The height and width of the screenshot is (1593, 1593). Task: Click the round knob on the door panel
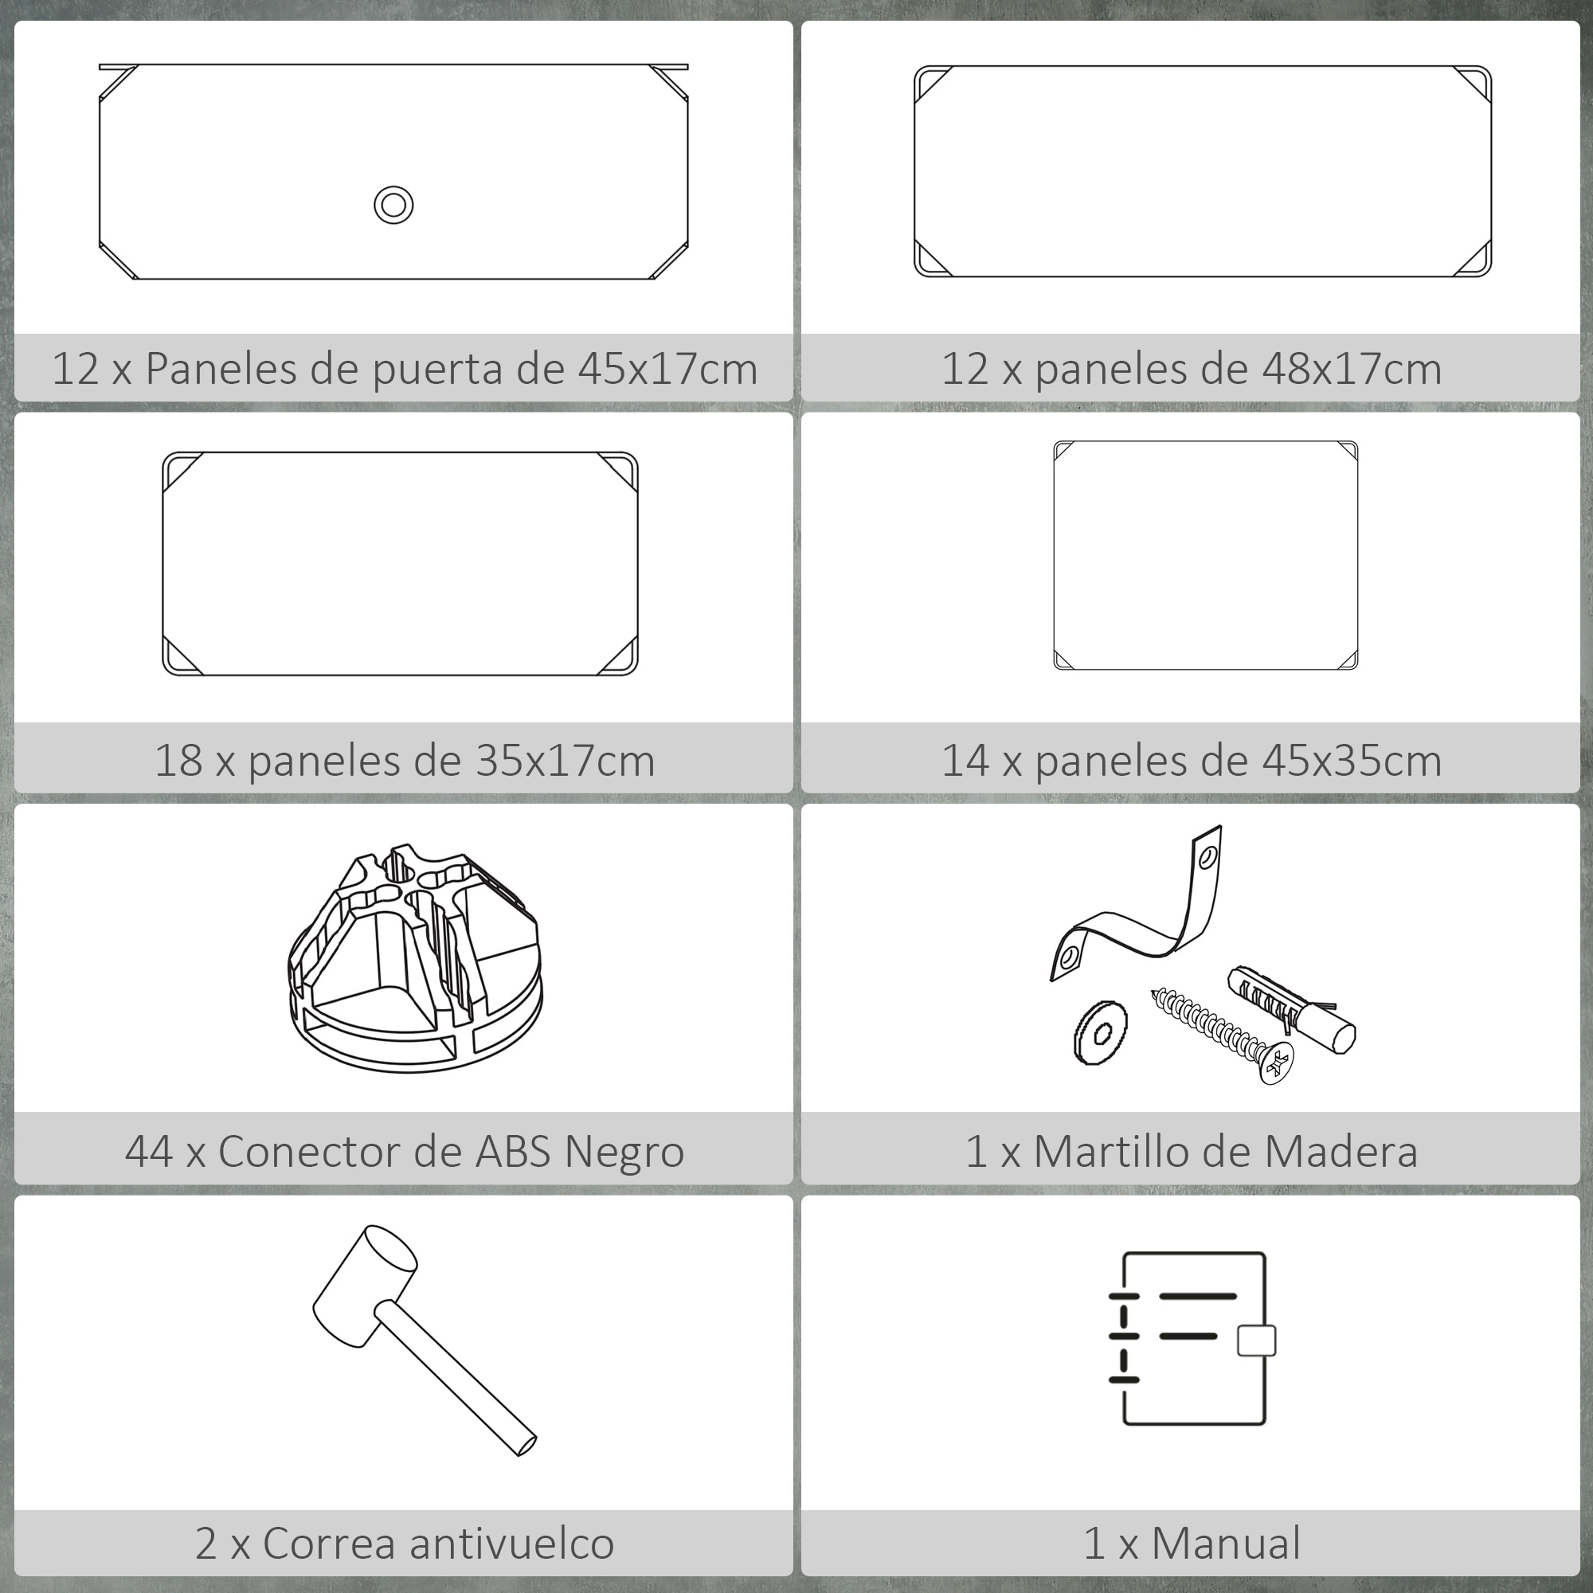(393, 205)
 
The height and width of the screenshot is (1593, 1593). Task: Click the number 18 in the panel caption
(178, 760)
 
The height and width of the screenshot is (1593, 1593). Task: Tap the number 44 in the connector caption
(148, 1151)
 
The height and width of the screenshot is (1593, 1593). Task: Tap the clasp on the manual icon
(1256, 1341)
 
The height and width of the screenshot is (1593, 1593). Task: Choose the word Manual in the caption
(1225, 1543)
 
